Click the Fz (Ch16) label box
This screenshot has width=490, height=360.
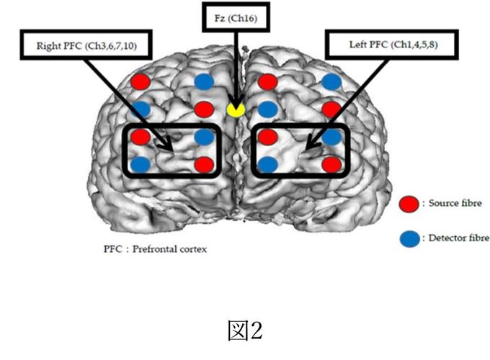click(236, 20)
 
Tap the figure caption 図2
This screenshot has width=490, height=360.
click(244, 330)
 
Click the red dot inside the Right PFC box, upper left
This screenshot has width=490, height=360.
click(141, 136)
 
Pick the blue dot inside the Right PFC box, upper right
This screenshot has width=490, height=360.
click(205, 136)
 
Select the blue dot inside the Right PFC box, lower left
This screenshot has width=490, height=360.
click(141, 164)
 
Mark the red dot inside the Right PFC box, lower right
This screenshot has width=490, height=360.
click(205, 164)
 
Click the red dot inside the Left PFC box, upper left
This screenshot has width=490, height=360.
click(267, 136)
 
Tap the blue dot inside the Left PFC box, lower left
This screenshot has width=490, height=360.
click(267, 164)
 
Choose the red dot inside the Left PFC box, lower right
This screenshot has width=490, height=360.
click(331, 164)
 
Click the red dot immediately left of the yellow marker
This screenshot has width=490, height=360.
click(205, 109)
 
